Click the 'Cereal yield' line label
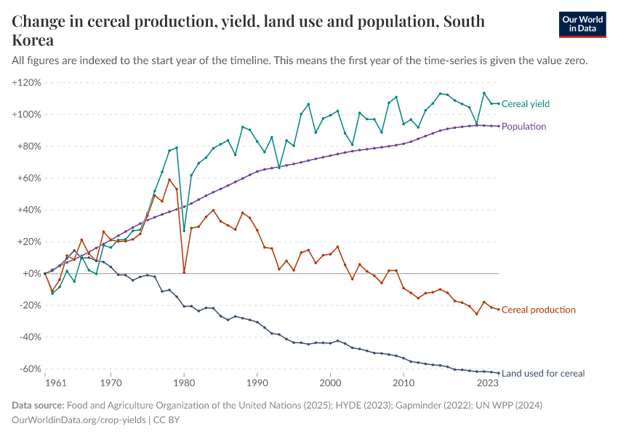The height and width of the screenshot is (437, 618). click(525, 103)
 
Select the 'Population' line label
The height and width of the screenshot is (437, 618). click(523, 127)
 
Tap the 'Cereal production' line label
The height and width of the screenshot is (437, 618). click(538, 310)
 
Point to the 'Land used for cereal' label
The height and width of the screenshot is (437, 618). click(542, 373)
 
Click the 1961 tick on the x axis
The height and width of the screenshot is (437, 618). click(45, 382)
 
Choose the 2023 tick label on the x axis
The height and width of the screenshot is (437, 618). click(488, 382)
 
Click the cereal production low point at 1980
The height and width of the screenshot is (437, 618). click(184, 272)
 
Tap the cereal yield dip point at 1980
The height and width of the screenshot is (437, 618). click(184, 231)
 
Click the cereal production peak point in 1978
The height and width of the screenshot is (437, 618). click(169, 180)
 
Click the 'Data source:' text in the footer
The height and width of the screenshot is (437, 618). click(38, 405)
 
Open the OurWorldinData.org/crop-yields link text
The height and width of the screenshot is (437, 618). click(79, 420)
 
